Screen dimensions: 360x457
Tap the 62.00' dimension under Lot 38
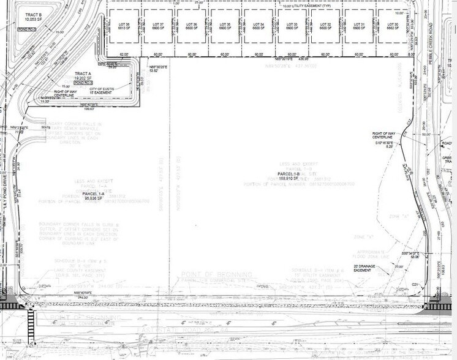click(x=125, y=54)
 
